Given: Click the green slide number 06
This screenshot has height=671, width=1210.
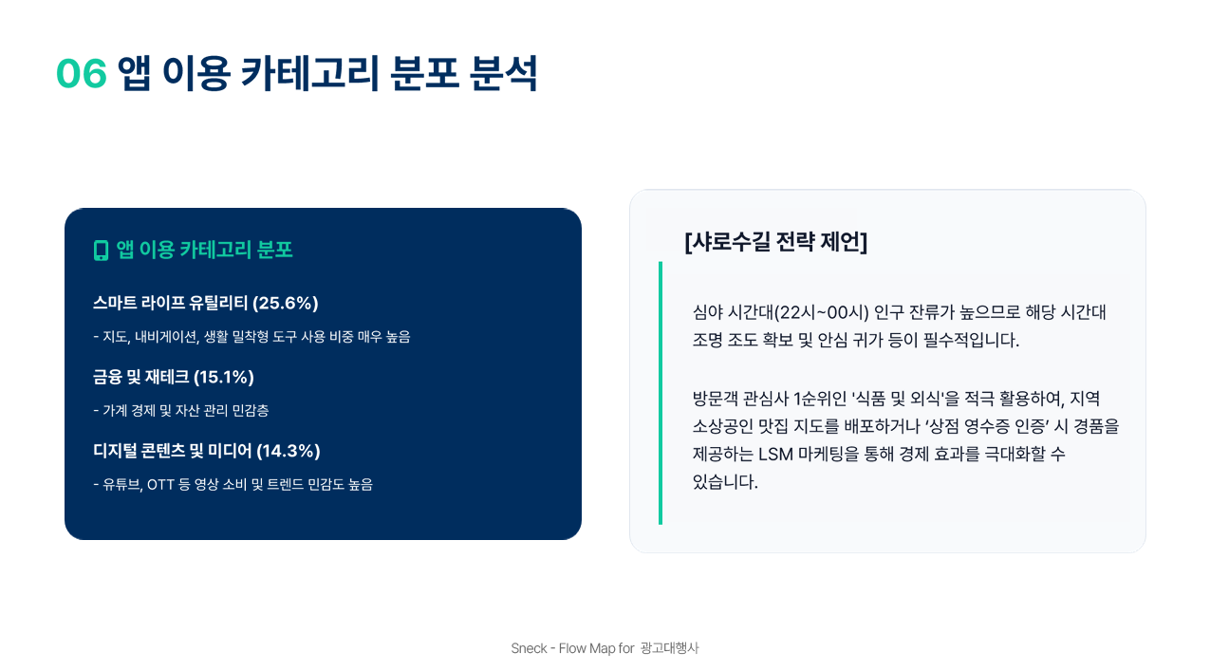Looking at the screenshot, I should click(81, 74).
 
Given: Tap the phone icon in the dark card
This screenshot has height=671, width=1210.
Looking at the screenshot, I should click(101, 251).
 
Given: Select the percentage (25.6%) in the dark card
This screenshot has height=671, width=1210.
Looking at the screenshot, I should click(286, 304).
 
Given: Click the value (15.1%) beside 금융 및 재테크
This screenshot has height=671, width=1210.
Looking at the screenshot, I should click(224, 378).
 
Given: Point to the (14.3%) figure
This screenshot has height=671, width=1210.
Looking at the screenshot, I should click(289, 451).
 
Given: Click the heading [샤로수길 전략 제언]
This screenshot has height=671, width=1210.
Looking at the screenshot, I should click(775, 242).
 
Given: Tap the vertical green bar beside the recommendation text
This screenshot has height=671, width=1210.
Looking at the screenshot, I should click(661, 393).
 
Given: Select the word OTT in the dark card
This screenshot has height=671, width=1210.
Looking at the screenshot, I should click(160, 485).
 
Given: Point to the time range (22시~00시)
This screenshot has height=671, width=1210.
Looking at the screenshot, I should click(822, 312).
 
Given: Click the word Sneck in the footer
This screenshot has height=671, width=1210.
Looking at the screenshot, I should click(529, 648).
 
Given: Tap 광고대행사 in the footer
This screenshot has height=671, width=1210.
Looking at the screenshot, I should click(669, 648).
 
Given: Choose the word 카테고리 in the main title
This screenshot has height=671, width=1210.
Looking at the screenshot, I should click(310, 74).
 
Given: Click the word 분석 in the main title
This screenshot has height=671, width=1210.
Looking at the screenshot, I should click(504, 74).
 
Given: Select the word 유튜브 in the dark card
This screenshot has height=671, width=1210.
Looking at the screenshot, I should click(121, 485).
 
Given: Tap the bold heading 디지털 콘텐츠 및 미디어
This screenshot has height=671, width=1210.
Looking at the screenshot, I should click(173, 451).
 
